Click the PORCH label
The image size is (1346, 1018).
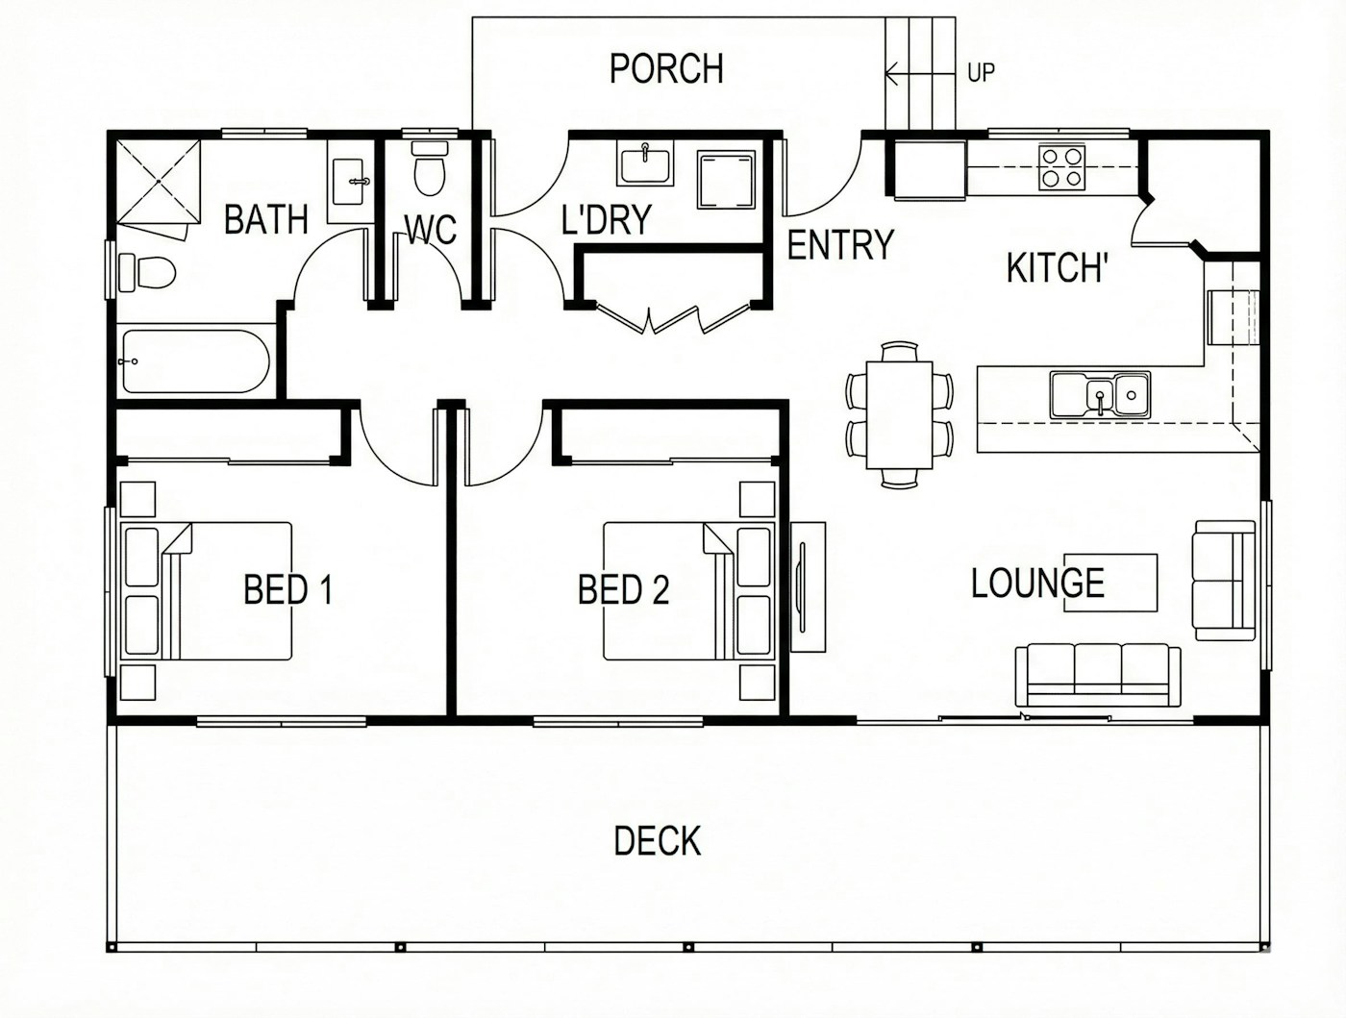coord(666,68)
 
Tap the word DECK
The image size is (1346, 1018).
coord(658,841)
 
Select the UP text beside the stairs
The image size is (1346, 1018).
coord(981,73)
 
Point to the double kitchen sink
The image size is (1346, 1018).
coord(1100,395)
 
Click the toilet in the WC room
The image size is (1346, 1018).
coord(429,168)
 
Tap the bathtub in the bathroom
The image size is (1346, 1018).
coord(195,361)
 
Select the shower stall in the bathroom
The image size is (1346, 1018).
coord(159,182)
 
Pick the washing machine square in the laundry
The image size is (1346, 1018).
coord(727,180)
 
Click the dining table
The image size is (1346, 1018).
coord(900,415)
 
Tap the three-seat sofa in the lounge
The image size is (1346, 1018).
coord(1098,676)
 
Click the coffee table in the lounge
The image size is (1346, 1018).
coord(1110,583)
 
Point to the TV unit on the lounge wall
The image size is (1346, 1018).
coord(809,587)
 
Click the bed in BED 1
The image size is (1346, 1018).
coord(206,591)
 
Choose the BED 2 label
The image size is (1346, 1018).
coord(624,589)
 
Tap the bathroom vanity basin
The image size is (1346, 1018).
coord(351,182)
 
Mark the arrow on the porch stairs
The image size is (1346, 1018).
coord(921,76)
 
